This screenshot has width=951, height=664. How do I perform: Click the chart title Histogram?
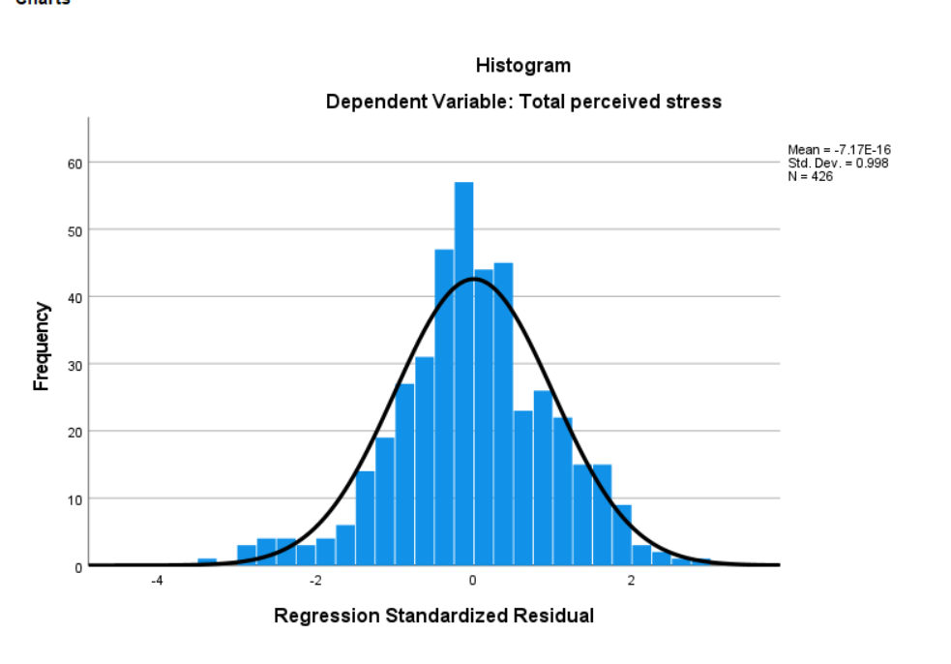[522, 66]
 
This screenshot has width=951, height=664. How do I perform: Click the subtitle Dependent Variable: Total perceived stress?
[523, 102]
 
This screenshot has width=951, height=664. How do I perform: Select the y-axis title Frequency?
[42, 346]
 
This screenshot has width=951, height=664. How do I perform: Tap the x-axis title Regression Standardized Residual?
[433, 616]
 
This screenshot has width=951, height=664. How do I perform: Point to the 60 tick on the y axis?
[73, 163]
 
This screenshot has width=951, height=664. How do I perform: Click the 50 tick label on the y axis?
[73, 230]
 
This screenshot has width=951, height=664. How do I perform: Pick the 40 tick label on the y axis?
[73, 297]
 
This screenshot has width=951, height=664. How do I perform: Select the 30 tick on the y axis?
[73, 364]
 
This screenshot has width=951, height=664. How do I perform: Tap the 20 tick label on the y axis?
[73, 432]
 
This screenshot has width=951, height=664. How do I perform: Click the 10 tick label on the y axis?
[73, 498]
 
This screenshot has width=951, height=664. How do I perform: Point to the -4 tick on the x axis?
[157, 581]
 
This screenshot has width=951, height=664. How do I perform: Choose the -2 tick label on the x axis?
[314, 581]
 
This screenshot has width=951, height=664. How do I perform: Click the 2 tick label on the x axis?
[631, 581]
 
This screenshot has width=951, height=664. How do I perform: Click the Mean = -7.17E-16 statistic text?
[839, 150]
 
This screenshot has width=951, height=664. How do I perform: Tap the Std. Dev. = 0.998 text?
[838, 163]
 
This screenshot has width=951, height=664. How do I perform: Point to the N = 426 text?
[811, 175]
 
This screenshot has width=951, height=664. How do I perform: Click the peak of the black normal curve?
[473, 279]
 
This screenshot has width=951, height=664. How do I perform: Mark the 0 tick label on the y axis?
[76, 566]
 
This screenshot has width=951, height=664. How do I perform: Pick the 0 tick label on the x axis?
[473, 581]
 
